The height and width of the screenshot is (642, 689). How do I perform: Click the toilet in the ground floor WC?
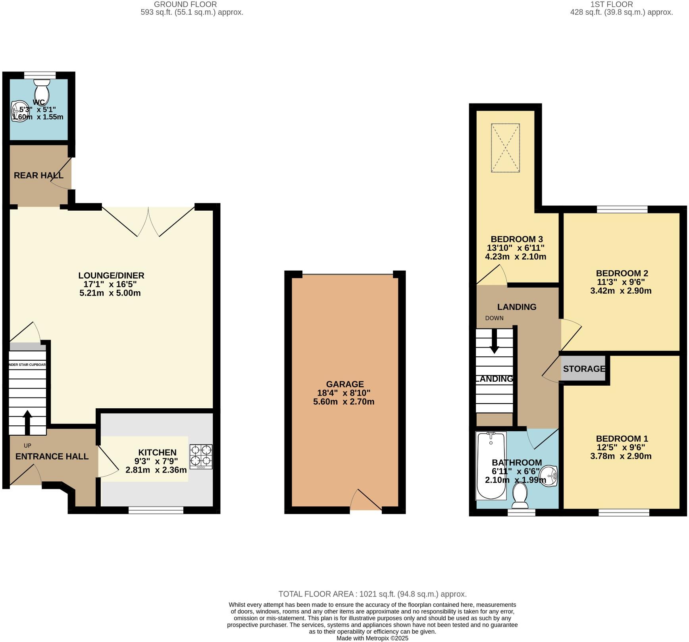[42, 90]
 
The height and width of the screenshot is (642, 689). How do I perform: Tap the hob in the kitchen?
[201, 456]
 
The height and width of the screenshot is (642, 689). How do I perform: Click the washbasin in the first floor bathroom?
[550, 475]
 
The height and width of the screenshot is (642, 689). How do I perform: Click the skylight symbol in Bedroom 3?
[505, 148]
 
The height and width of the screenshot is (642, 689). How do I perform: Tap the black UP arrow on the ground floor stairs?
[27, 422]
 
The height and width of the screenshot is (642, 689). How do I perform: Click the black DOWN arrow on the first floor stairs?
[494, 341]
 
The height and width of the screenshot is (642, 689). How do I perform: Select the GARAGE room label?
[344, 384]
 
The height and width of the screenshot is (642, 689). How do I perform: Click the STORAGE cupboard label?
[584, 369]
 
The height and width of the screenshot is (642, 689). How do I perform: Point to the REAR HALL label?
[38, 175]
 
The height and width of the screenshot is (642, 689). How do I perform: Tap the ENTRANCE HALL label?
[52, 456]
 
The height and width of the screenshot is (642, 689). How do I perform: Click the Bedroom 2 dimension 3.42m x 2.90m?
[621, 291]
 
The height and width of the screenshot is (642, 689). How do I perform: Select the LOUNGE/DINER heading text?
[111, 275]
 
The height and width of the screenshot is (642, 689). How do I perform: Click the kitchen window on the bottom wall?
[156, 510]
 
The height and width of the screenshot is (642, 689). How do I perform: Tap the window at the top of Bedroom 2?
[622, 209]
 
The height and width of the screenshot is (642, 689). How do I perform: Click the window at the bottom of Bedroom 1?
[624, 513]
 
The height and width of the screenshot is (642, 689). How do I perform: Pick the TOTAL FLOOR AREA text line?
[372, 594]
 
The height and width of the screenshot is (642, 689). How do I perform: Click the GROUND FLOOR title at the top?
[185, 4]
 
